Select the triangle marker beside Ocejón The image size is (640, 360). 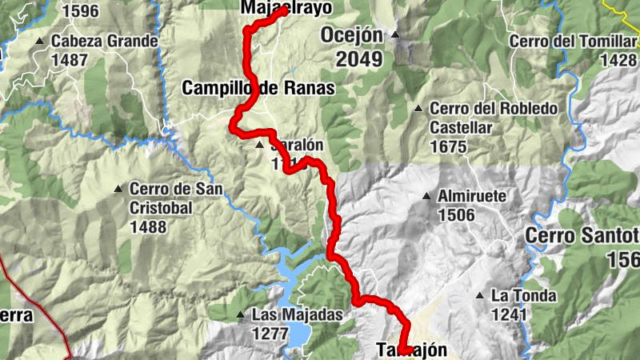[x=395, y=35]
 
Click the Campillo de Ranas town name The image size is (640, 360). [x=258, y=89]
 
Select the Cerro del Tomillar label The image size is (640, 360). [x=570, y=41]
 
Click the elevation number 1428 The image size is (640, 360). [x=618, y=59]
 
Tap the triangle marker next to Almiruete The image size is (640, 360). [x=427, y=196]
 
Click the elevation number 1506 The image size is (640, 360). [x=456, y=214]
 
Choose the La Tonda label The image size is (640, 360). [x=524, y=296]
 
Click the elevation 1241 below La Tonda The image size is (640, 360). [x=509, y=314]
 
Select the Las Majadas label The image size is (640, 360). [x=297, y=315]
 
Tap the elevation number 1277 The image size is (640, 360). [x=270, y=333]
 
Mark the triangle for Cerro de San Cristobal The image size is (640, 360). [x=118, y=190]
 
